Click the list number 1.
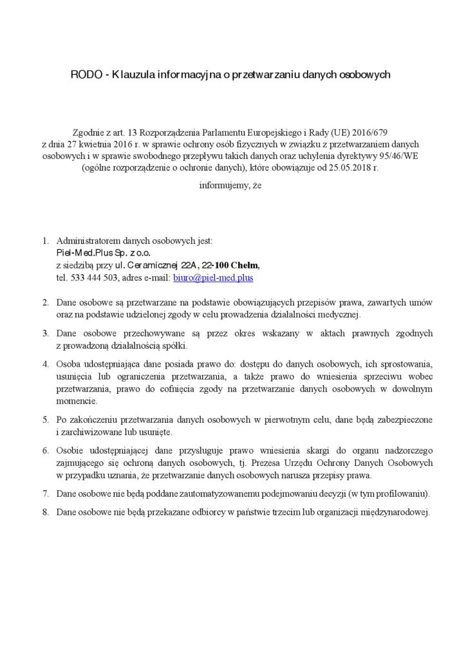pyautogui.click(x=46, y=241)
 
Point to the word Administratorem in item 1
pyautogui.click(x=87, y=241)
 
